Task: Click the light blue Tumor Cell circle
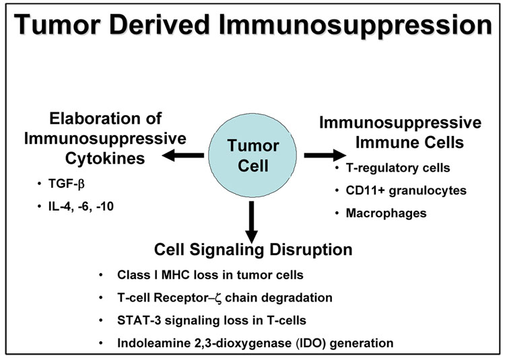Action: (x=251, y=155)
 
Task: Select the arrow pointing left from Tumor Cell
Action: (x=184, y=157)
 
